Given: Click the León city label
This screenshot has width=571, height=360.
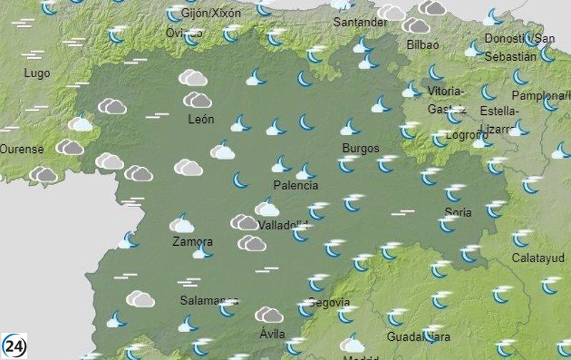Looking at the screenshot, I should click(201, 119).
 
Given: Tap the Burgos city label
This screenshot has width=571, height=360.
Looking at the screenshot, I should click(360, 148).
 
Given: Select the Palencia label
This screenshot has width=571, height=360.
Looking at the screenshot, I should click(295, 186).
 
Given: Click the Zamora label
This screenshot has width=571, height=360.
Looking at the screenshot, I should click(193, 241).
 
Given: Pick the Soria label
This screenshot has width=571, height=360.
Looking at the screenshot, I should click(458, 211).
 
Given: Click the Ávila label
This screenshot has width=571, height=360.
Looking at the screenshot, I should click(273, 334).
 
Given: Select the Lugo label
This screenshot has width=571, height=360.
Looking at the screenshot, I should click(36, 73).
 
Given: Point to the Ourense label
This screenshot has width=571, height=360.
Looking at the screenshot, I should click(21, 149).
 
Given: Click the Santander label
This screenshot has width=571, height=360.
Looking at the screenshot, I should click(360, 22).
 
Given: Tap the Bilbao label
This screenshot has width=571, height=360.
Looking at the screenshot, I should click(423, 44).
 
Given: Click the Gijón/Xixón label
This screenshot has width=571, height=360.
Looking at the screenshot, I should click(211, 14).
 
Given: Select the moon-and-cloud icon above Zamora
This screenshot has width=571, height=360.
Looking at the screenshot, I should click(182, 224).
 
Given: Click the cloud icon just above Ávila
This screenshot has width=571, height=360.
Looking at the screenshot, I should click(269, 315).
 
